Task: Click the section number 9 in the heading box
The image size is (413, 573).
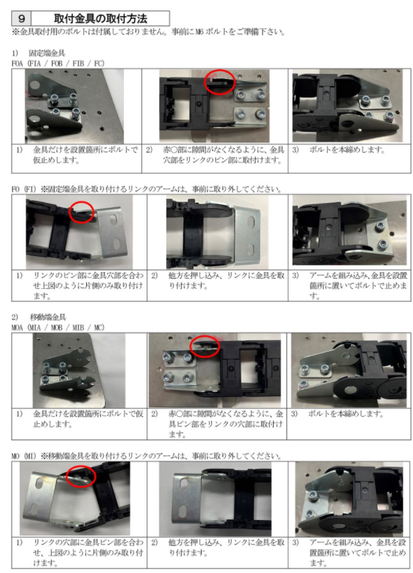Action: [x=22, y=18]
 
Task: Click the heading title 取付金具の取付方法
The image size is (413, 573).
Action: [x=100, y=18]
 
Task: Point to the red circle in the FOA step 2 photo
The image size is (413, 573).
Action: [x=219, y=82]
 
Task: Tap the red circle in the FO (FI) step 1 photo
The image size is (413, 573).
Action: [x=81, y=212]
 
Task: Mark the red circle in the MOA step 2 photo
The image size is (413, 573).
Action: [x=205, y=347]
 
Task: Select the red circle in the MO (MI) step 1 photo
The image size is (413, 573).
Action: [x=81, y=476]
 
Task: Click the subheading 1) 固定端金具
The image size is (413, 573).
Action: [x=38, y=53]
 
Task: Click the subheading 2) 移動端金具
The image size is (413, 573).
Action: [x=38, y=317]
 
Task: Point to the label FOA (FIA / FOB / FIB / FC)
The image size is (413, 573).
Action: [x=58, y=63]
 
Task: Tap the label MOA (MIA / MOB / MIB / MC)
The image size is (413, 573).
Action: [x=58, y=327]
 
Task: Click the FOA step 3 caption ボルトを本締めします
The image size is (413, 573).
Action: [x=347, y=150]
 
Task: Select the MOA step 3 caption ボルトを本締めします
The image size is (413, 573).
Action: [x=346, y=414]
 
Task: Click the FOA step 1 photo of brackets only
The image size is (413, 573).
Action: [x=74, y=106]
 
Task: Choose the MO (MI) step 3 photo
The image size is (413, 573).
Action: [x=349, y=499]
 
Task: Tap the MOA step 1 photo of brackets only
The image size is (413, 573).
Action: [x=79, y=370]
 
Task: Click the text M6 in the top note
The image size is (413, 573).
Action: [x=200, y=32]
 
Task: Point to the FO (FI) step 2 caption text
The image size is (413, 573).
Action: [x=226, y=281]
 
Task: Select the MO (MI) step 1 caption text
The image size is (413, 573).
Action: [x=88, y=553]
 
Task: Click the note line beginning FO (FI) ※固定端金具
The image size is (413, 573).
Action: [x=147, y=189]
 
